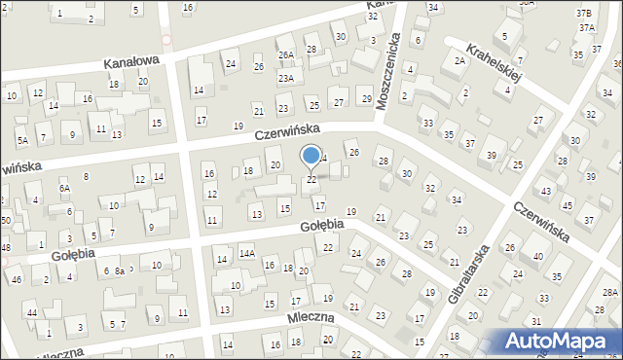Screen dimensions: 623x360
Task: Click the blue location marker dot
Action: tap(311, 155)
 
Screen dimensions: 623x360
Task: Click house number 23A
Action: tap(285, 78)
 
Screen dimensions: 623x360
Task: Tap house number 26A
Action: tap(285, 55)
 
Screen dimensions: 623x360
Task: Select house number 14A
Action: tap(247, 254)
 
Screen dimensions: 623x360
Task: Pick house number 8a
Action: tap(119, 271)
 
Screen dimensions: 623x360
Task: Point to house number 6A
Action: tap(64, 189)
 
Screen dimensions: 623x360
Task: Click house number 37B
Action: tap(583, 13)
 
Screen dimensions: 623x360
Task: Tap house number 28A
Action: tap(609, 293)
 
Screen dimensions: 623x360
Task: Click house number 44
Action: tap(32, 312)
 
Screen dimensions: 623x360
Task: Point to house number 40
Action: tap(538, 256)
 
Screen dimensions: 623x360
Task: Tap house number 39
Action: tap(493, 156)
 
